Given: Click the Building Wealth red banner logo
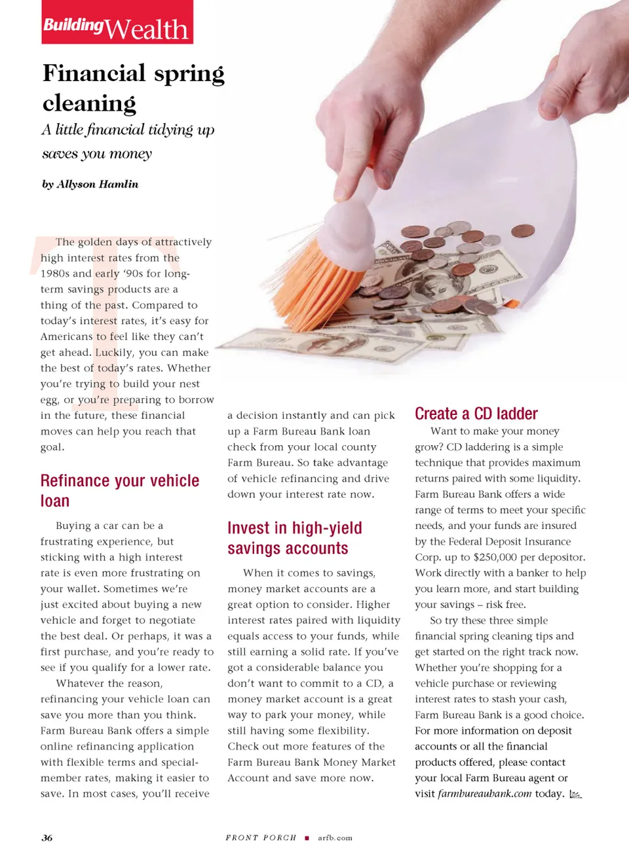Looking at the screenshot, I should [117, 23].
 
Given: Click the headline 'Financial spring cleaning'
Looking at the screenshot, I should [134, 88].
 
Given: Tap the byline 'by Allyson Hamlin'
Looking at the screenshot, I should [90, 184].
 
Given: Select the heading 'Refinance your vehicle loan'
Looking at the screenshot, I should [120, 490].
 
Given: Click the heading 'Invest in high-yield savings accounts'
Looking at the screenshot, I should [295, 537].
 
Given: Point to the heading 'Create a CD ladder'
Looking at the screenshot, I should [476, 414].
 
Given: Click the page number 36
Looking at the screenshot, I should [47, 837].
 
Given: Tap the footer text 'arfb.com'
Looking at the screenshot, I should [335, 837].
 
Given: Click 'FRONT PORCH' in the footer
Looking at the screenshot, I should [261, 837].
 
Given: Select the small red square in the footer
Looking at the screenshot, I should [307, 838].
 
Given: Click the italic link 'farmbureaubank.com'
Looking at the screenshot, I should [485, 793].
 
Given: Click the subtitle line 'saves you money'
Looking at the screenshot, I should [97, 154].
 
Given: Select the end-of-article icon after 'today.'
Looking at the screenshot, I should [575, 794].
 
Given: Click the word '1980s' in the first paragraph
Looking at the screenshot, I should [55, 274].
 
